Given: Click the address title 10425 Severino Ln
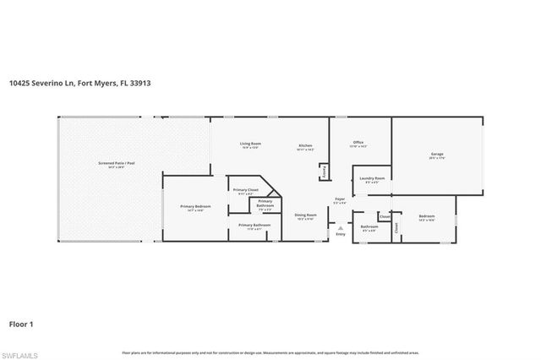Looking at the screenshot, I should tap(79, 84).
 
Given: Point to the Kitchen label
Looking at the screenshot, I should tap(306, 146).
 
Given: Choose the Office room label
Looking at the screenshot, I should tap(358, 142).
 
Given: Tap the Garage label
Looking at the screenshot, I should tap(436, 155).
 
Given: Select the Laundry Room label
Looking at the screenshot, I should tap(372, 178).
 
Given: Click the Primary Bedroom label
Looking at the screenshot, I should tap(195, 206).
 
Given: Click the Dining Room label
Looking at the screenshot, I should tap(306, 215).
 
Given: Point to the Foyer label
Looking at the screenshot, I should tap(339, 199).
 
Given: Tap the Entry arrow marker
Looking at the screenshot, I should tap(341, 227).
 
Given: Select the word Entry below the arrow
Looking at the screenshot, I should tap(341, 234).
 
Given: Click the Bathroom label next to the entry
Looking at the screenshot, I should tap(369, 226).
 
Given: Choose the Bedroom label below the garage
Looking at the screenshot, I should tap(426, 216).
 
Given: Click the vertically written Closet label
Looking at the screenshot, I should tap(395, 227).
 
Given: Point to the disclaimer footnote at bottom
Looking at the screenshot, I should tap(270, 352).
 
